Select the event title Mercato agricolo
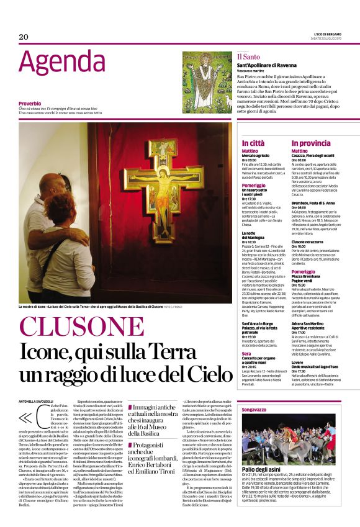[x=256, y=155]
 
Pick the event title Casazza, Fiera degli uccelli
[x=318, y=155]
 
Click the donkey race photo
[x=292, y=447]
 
